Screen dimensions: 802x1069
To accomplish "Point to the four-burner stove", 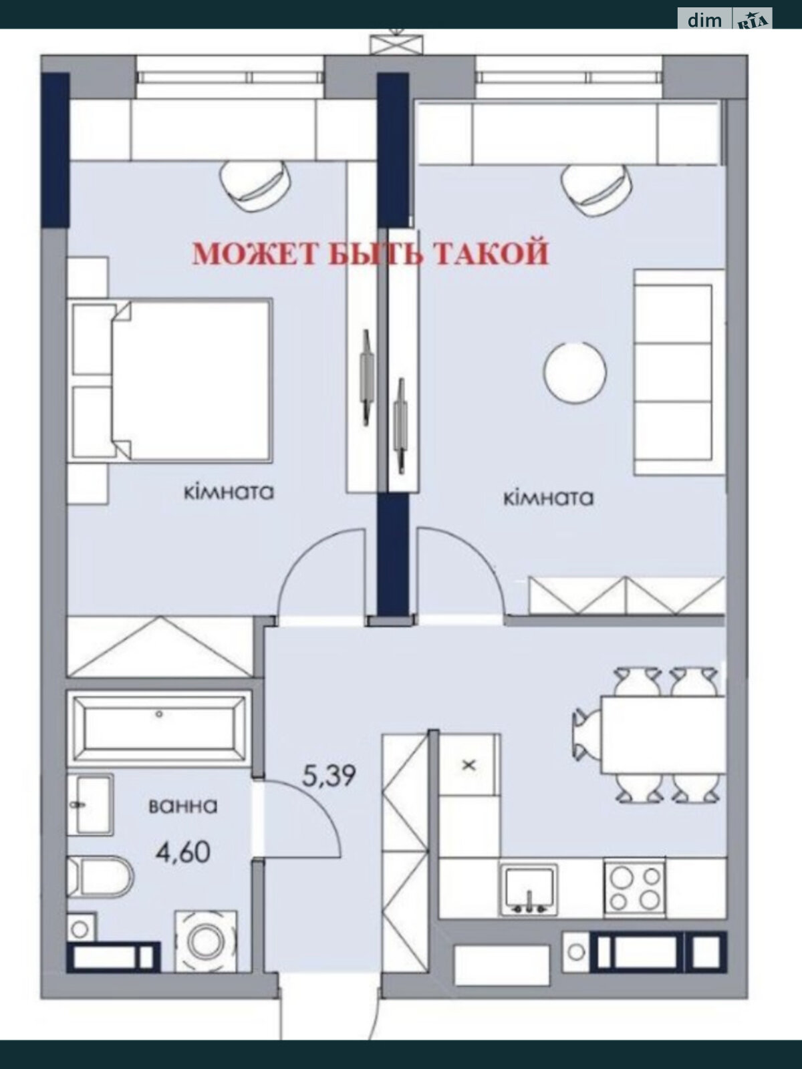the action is tap(634, 888).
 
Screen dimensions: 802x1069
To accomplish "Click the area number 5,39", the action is tap(329, 776).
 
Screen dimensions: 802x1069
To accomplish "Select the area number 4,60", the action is tap(183, 853).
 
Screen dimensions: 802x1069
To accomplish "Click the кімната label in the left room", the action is tap(229, 492).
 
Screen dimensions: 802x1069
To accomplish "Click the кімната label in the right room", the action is tap(548, 498).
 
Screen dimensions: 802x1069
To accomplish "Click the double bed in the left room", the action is tap(170, 380).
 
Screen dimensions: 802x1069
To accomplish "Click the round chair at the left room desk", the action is tap(255, 186).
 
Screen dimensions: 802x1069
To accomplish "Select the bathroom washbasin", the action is tap(90, 804).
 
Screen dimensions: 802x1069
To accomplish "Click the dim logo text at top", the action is tap(704, 20).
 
